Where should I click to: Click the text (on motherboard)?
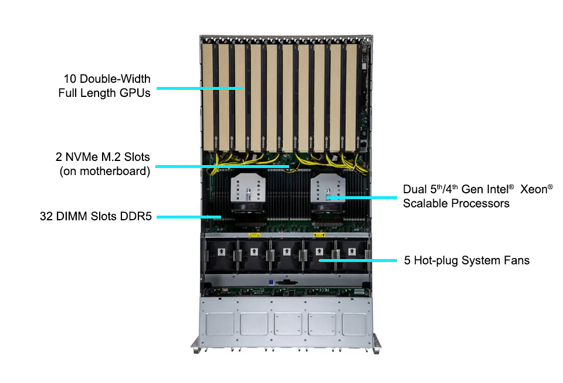click(x=105, y=172)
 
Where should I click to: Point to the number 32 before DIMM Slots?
click(x=46, y=217)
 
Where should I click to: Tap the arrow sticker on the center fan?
click(x=286, y=251)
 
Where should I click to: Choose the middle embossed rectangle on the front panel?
click(x=286, y=322)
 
